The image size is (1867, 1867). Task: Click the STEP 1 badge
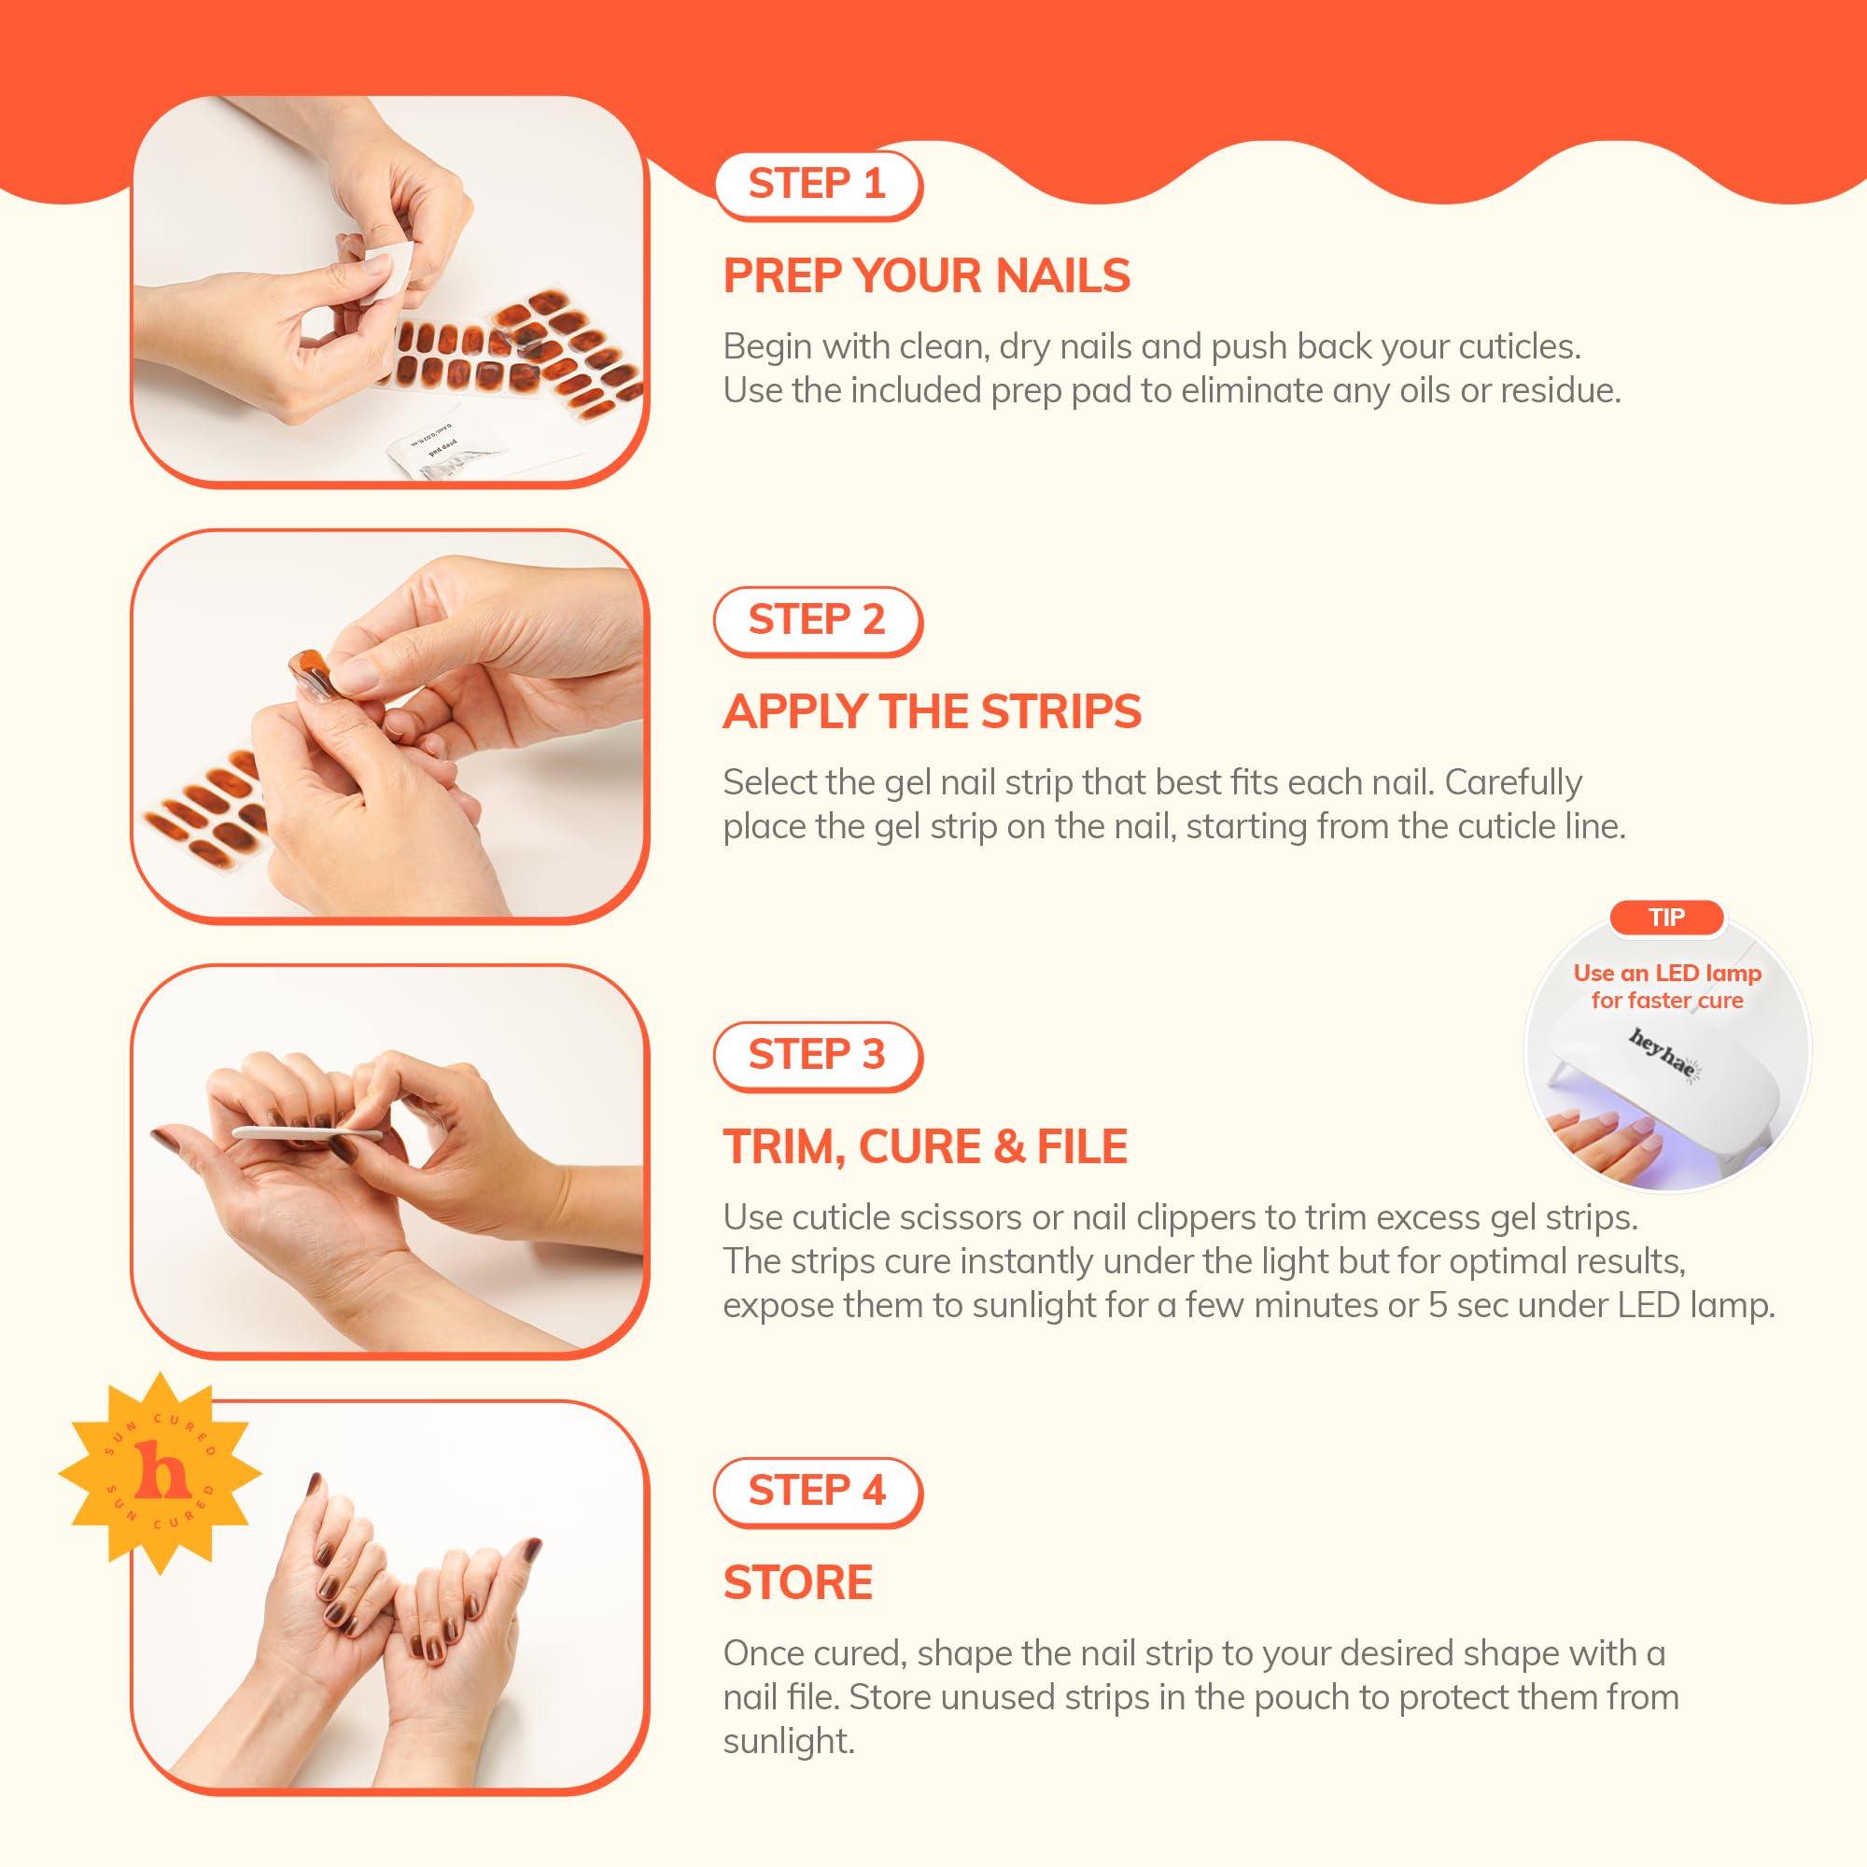click(817, 184)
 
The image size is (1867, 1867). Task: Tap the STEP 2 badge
click(817, 620)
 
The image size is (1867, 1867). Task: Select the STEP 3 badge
click(817, 1054)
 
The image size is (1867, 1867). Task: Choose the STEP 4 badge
click(817, 1490)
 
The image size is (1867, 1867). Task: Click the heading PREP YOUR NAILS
click(926, 276)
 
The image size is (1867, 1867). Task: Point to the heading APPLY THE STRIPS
click(932, 712)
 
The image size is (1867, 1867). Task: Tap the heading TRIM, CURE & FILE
click(925, 1147)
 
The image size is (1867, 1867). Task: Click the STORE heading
click(797, 1583)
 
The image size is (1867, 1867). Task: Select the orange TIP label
click(1666, 917)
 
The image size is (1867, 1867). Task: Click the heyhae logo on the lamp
click(1662, 1052)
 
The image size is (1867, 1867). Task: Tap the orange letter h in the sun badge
click(161, 1471)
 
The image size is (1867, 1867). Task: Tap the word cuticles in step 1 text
click(1517, 347)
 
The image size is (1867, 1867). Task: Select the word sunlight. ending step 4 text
click(789, 1741)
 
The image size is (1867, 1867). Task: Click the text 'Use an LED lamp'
click(1667, 973)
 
